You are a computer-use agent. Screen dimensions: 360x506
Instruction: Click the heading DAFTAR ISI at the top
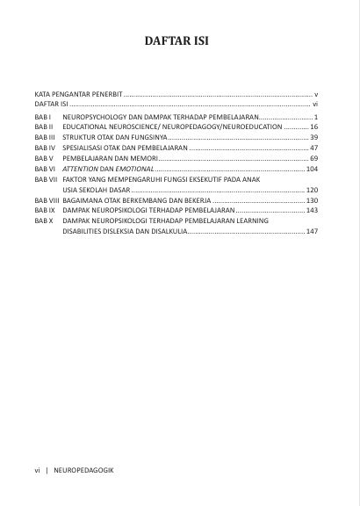[x=179, y=40]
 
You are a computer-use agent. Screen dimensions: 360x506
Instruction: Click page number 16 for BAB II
[x=313, y=127]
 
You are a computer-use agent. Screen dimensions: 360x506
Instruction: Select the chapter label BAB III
[x=45, y=138]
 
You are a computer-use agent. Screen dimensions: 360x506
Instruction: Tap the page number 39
[x=313, y=138]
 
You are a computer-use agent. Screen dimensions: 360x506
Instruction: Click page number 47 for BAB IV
[x=313, y=148]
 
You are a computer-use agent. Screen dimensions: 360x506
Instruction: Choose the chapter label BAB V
[x=44, y=158]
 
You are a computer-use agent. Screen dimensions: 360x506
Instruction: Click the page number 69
[x=313, y=158]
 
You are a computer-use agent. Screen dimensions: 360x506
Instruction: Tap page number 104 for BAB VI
[x=312, y=168]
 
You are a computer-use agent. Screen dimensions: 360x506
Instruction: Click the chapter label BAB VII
[x=46, y=178]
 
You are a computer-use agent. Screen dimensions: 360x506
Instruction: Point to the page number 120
[x=312, y=189]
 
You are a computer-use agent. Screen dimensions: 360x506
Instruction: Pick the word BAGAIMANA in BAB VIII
[x=84, y=200]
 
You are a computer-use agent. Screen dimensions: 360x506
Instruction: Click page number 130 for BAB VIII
[x=312, y=200]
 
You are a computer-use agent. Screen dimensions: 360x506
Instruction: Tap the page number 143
[x=312, y=211]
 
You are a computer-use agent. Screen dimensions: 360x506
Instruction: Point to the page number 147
[x=312, y=231]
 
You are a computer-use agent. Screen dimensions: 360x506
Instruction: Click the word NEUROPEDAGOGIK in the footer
[x=83, y=470]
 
